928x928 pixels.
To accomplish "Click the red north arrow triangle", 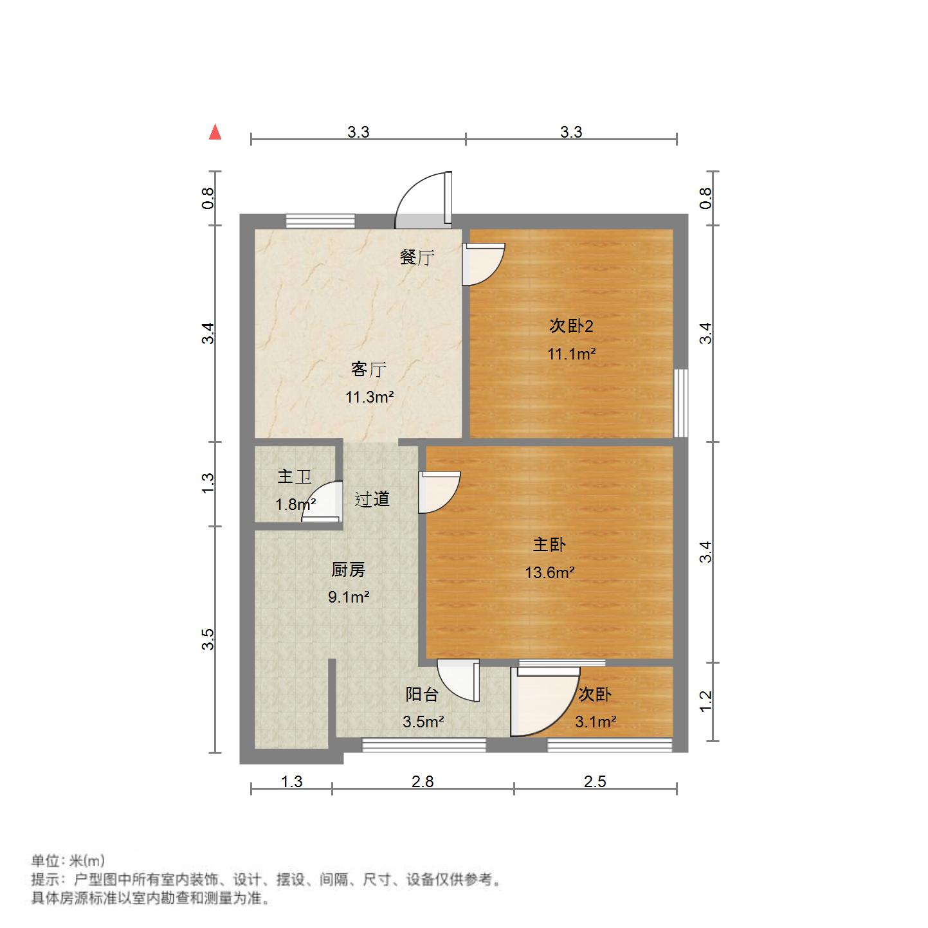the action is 215,132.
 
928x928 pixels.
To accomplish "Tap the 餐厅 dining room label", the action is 417,257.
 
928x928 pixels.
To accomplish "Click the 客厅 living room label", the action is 368,369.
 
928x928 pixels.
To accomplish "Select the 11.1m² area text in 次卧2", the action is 571,354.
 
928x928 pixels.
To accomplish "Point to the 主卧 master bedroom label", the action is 549,545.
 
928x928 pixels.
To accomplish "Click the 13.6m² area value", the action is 549,572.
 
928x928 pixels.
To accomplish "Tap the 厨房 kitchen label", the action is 348,570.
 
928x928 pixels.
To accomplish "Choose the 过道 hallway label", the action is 372,499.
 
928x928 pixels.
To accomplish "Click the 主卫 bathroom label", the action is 295,477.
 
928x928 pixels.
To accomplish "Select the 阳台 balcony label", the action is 422,694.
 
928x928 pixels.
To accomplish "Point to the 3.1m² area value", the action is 596,722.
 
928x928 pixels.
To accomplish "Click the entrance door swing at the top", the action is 423,199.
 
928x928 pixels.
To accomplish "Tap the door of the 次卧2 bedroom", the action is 484,264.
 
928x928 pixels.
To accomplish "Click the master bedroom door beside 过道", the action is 439,492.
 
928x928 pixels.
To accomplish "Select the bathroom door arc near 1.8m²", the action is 322,502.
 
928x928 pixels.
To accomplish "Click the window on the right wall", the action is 680,403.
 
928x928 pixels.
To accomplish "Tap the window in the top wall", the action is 320,221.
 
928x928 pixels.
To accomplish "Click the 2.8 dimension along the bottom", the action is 423,781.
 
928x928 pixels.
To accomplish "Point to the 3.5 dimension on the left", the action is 208,639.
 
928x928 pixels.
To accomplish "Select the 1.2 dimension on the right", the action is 705,701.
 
